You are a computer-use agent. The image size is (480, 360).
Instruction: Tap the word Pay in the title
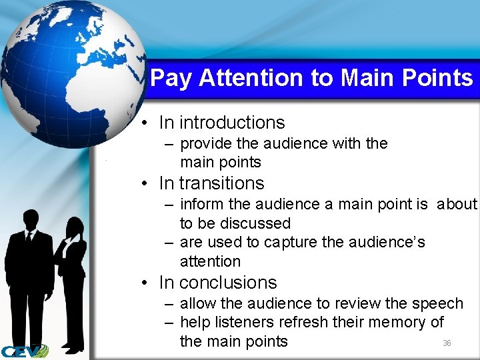pos(171,79)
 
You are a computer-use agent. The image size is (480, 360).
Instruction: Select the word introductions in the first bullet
pos(232,123)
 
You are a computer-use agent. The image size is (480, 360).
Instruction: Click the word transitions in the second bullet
pos(222,183)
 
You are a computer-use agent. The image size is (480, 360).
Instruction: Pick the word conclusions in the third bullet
pos(228,283)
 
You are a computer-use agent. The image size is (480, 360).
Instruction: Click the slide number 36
pos(447,343)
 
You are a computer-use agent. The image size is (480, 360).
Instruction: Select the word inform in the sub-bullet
pos(202,204)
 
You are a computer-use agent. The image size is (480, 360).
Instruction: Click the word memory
pos(396,323)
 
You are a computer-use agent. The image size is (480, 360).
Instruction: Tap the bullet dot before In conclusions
pos(145,283)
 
